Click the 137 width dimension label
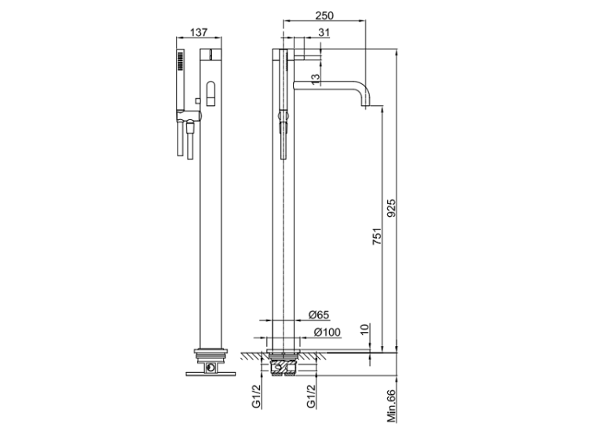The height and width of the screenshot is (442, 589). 199,32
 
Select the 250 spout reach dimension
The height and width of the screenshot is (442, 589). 324,16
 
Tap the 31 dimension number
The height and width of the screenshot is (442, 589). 324,33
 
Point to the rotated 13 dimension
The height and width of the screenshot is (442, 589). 316,78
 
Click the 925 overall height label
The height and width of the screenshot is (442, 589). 391,208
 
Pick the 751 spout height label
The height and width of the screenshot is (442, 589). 377,236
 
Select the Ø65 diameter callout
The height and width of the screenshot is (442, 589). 319,314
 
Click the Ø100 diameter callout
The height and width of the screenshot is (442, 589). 327,332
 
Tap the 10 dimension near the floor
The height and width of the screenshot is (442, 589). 364,329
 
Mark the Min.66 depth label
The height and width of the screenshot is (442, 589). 391,406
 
